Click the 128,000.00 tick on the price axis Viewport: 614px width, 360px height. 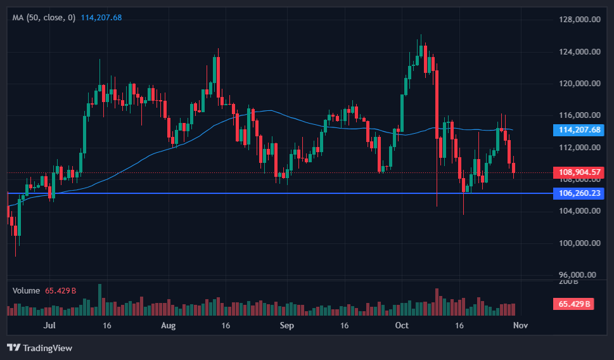(579, 20)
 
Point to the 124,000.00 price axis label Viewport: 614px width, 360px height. (579, 52)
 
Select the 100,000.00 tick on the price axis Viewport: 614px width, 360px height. (579, 243)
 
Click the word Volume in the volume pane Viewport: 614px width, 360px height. (27, 290)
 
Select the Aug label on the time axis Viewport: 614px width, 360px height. (168, 325)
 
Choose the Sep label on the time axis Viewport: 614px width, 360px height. (287, 325)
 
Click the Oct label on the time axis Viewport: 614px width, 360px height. (401, 325)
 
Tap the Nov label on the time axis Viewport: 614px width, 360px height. (520, 325)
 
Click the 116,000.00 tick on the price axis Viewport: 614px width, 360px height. (579, 115)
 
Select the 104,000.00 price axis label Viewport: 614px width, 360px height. (579, 211)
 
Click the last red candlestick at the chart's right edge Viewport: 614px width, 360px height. (514, 168)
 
